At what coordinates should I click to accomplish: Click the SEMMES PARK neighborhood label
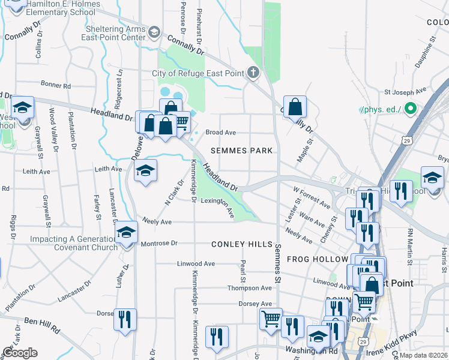[242, 150]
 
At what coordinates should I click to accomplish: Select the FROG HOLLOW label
[318, 259]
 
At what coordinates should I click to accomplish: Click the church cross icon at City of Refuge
[253, 73]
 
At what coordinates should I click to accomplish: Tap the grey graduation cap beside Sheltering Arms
[154, 31]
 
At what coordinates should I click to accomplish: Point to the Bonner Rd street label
[56, 86]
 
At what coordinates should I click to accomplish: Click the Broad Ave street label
[220, 132]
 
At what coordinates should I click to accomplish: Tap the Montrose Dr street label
[159, 244]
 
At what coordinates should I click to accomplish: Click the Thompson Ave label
[250, 288]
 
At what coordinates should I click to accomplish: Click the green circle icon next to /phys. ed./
[411, 109]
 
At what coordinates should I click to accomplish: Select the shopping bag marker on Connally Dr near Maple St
[295, 107]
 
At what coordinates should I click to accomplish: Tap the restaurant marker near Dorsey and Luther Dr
[125, 319]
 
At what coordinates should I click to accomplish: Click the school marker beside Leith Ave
[145, 172]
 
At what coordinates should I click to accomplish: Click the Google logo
[20, 353]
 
